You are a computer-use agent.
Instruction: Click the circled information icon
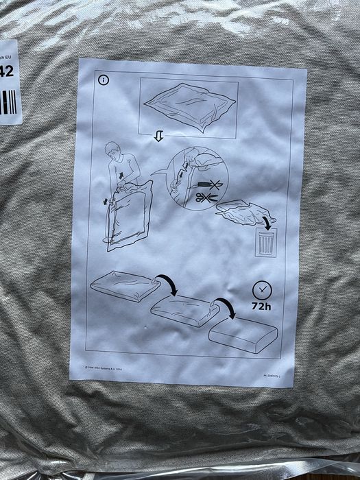click(104, 80)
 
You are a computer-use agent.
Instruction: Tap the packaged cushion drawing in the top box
click(189, 106)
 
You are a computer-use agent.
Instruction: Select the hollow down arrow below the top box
click(158, 137)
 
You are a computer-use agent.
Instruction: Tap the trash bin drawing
click(264, 243)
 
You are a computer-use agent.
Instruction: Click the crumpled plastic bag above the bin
click(240, 212)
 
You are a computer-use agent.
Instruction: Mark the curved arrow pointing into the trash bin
click(264, 221)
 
